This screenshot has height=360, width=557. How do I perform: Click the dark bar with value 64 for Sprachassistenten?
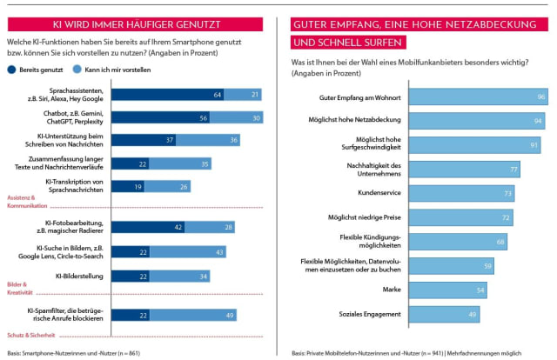click(x=165, y=95)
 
